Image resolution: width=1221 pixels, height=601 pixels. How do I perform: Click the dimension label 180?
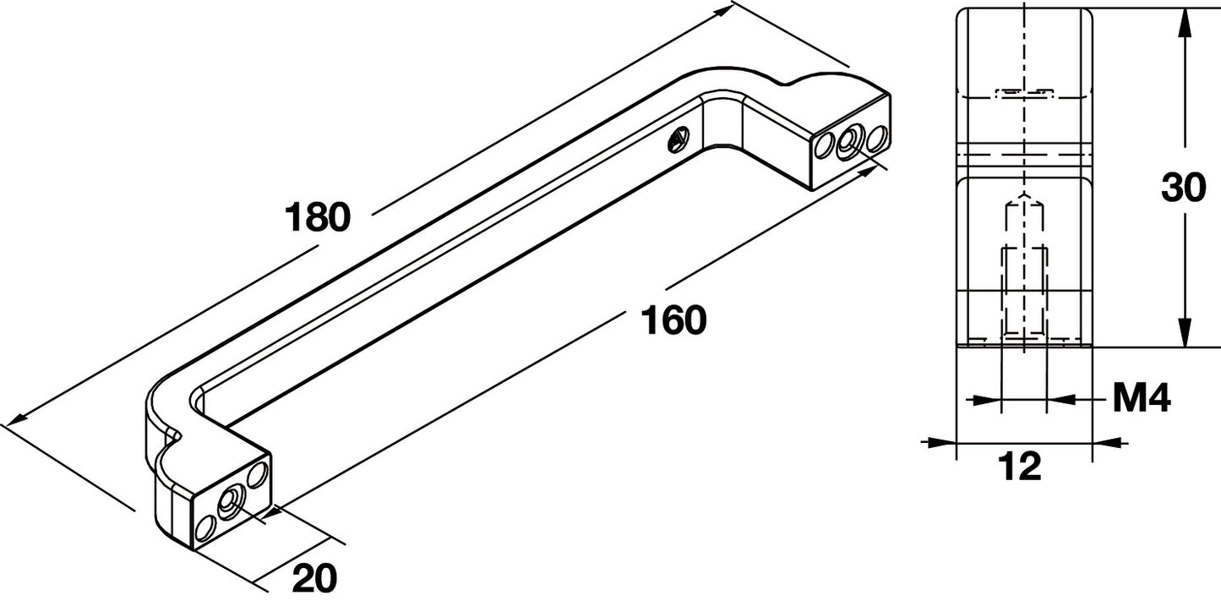click(318, 216)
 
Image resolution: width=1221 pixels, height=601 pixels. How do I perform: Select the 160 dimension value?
click(673, 320)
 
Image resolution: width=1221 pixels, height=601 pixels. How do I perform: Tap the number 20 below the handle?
click(314, 578)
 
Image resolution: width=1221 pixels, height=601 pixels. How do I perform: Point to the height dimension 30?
click(1183, 188)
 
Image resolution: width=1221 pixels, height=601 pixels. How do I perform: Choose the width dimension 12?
click(1019, 467)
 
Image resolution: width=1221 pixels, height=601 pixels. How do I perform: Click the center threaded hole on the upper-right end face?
click(848, 142)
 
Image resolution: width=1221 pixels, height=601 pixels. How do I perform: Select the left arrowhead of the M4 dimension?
click(987, 400)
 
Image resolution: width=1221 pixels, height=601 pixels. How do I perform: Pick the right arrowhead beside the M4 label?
click(1062, 400)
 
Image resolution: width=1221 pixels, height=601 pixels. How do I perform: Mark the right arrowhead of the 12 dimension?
click(1108, 441)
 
